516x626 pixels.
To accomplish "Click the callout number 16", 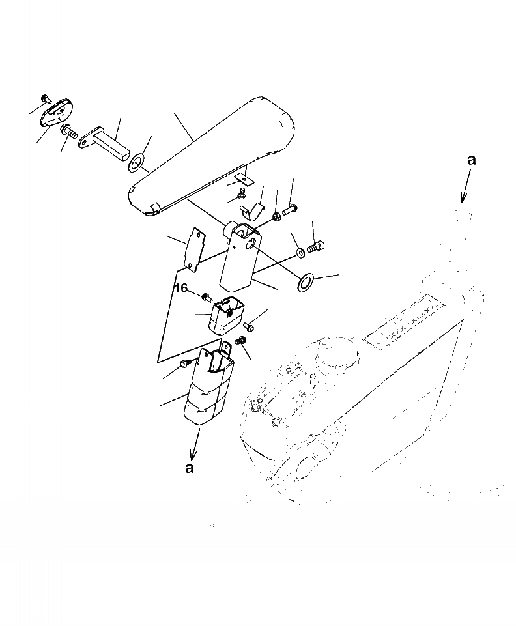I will (x=180, y=287).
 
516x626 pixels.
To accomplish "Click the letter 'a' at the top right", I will (x=471, y=160).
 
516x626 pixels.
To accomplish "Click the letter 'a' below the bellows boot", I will (x=190, y=468).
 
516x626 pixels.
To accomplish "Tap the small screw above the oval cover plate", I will (x=46, y=98).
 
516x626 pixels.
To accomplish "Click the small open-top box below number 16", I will (x=225, y=315).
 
